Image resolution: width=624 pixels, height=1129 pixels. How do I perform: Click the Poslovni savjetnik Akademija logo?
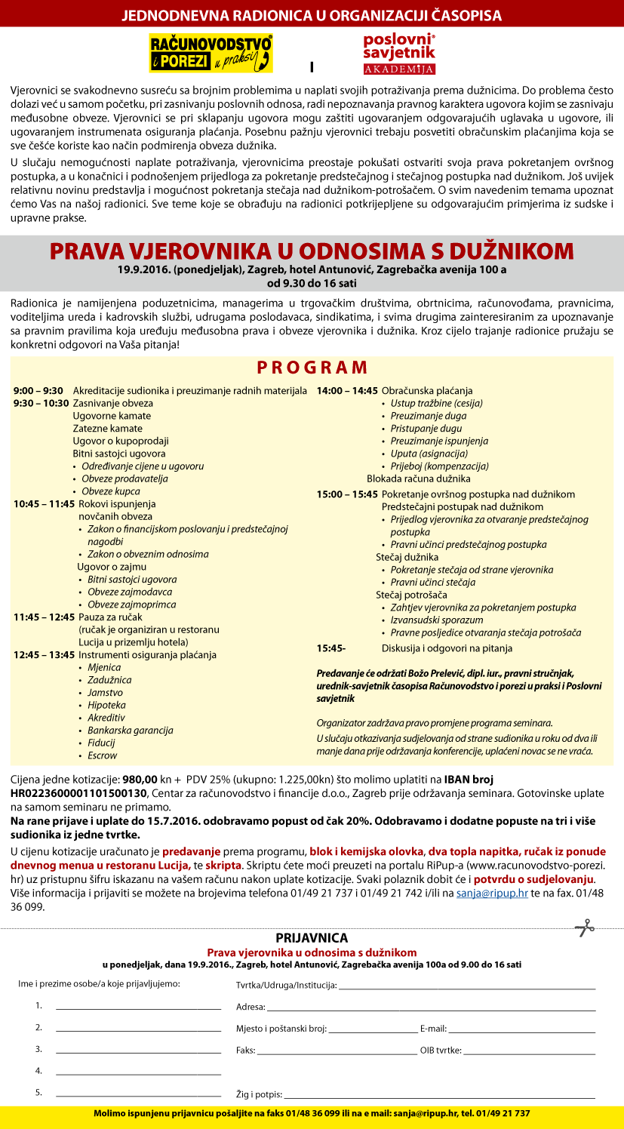399,53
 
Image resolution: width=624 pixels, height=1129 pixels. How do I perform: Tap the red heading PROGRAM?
312,368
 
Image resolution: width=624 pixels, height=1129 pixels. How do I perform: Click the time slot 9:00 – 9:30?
38,390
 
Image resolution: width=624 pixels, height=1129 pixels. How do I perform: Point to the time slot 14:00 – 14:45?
347,390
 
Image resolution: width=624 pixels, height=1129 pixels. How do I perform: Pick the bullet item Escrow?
102,755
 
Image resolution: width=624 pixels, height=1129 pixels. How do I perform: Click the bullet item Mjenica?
104,667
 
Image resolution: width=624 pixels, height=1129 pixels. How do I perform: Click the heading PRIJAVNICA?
312,938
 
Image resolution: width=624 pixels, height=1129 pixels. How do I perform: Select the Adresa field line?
430,1007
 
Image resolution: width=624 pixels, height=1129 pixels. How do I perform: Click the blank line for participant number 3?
138,1050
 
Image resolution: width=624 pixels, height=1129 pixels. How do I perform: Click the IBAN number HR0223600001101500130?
79,793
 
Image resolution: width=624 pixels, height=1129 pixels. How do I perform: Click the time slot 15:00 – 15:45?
347,494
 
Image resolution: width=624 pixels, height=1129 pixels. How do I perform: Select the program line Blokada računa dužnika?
418,478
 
